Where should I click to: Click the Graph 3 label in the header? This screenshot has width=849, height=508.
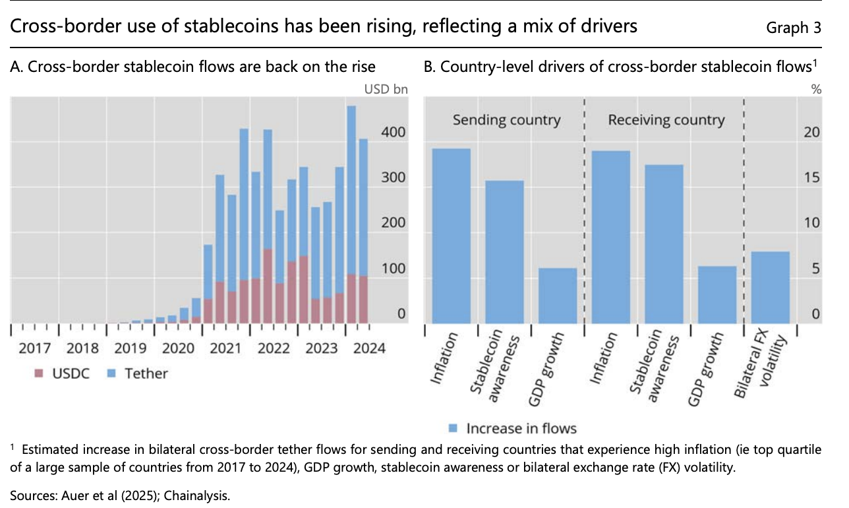click(x=794, y=28)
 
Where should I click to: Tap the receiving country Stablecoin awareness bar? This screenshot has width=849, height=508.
click(x=664, y=243)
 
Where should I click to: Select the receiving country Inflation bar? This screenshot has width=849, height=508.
click(x=611, y=237)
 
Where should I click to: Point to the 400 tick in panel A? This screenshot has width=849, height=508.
click(x=394, y=133)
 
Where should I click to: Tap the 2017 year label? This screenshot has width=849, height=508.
click(x=34, y=348)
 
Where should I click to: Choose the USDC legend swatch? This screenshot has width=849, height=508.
click(x=38, y=374)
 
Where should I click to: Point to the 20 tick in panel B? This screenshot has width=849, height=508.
click(x=812, y=133)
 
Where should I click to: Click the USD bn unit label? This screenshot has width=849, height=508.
click(x=386, y=89)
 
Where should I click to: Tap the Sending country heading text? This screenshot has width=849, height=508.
click(x=506, y=120)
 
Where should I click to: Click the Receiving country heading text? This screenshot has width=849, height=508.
click(x=666, y=120)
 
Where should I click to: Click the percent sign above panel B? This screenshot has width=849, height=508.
click(x=816, y=89)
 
